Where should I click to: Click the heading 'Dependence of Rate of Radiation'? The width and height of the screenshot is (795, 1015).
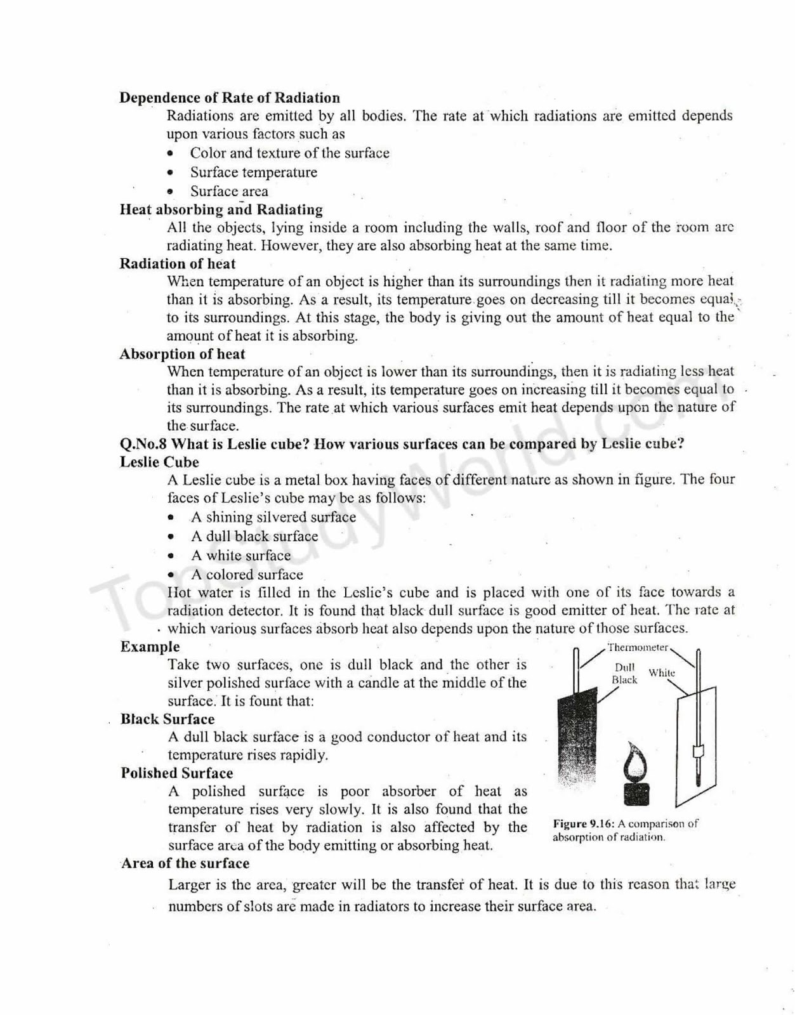pyautogui.click(x=229, y=98)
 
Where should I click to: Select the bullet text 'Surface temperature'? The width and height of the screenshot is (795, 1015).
pyautogui.click(x=253, y=172)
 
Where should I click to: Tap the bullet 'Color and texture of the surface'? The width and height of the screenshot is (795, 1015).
pyautogui.click(x=289, y=153)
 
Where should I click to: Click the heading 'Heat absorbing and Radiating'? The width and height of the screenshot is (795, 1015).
pyautogui.click(x=221, y=209)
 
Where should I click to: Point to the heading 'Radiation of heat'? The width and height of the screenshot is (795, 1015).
pyautogui.click(x=177, y=264)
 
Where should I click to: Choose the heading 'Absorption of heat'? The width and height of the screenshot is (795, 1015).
pyautogui.click(x=182, y=354)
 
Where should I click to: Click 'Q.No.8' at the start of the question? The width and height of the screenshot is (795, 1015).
pyautogui.click(x=143, y=443)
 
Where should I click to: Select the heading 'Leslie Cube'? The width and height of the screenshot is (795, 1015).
pyautogui.click(x=159, y=462)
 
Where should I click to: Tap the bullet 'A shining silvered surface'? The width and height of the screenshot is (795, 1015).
pyautogui.click(x=273, y=517)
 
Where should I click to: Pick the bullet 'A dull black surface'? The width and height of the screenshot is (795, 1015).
pyautogui.click(x=254, y=536)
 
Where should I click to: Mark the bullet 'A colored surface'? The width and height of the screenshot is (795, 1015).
pyautogui.click(x=247, y=574)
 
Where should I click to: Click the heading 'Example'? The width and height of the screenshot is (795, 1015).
pyautogui.click(x=150, y=646)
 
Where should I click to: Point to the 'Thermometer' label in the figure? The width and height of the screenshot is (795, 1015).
pyautogui.click(x=637, y=648)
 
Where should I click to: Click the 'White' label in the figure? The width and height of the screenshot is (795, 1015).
pyautogui.click(x=662, y=672)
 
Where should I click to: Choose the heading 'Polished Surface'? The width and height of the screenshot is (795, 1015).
pyautogui.click(x=176, y=773)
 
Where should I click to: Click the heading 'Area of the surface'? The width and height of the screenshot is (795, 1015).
pyautogui.click(x=185, y=863)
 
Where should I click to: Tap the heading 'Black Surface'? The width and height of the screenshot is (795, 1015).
pyautogui.click(x=168, y=719)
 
